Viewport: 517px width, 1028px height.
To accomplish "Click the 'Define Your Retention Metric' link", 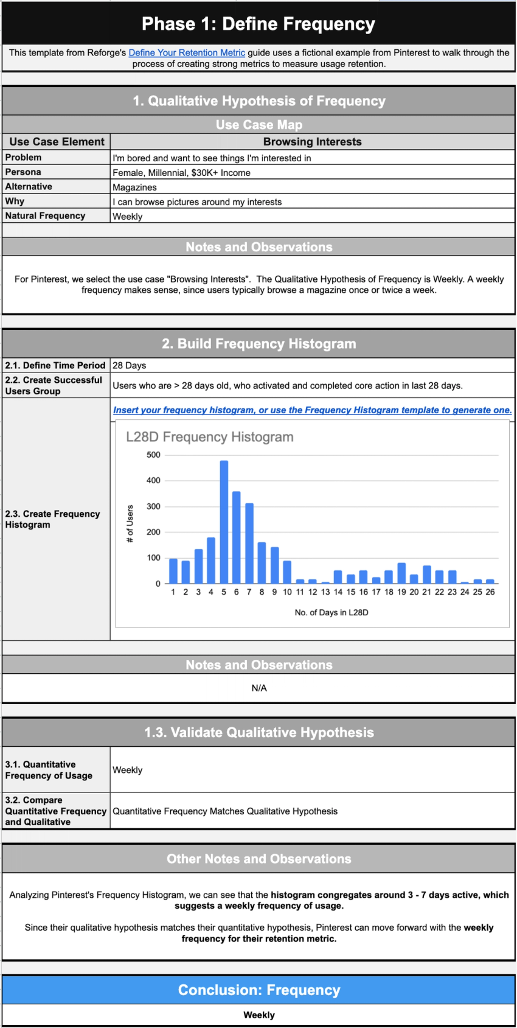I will coord(187,53).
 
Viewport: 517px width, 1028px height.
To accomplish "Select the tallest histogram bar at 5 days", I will coord(224,522).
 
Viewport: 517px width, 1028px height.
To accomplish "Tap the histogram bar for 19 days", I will coord(401,573).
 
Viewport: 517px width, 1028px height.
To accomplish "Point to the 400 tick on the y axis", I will coord(153,481).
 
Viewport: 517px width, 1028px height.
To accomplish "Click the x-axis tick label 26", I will coord(490,592).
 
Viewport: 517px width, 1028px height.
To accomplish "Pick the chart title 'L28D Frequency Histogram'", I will coord(209,437).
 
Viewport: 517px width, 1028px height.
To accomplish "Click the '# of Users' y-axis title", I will coord(130,523).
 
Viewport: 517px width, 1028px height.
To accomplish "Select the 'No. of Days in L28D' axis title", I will coord(331,612).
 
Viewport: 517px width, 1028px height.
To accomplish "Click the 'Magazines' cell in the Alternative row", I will coord(134,187).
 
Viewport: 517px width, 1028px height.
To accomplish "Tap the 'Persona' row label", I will coord(23,172).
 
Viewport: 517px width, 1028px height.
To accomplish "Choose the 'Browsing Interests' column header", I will coord(312,142).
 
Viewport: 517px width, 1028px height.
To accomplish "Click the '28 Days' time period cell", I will coord(130,366).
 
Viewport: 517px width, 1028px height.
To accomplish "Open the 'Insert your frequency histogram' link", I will coord(312,410).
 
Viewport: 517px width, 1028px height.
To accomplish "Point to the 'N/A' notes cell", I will coord(259,688).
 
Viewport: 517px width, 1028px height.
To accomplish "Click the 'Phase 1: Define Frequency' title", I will coord(258,24).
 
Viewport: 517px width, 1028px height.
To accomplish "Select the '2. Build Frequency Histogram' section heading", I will coord(258,344).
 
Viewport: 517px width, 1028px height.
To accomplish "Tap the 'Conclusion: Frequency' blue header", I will coord(258,990).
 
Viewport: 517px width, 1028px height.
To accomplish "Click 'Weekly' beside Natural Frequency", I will coord(128,217).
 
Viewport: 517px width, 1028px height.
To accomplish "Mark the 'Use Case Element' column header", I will coord(57,142).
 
